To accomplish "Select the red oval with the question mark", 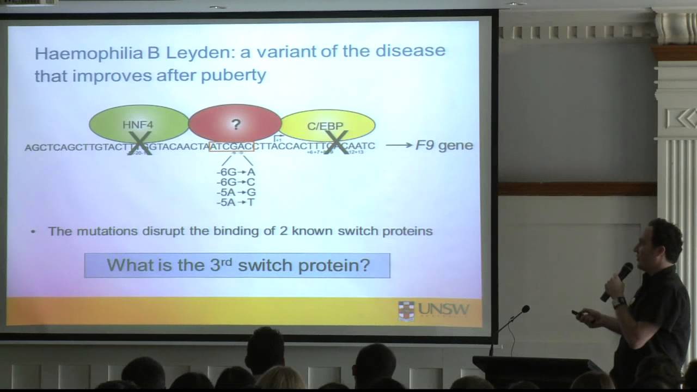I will point(235,122).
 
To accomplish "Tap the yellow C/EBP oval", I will point(327,125).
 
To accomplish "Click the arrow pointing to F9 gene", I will point(399,145).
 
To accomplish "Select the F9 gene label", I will point(444,145).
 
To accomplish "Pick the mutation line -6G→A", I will point(236,172).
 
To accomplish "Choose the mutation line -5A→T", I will point(236,203).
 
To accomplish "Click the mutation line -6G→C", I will point(236,182).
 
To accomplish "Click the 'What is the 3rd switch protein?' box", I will point(237,266).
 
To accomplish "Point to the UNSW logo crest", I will point(406,311).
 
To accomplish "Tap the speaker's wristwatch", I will point(619,302).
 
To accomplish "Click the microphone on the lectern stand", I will point(524,309).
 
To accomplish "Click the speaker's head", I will point(661,240).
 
